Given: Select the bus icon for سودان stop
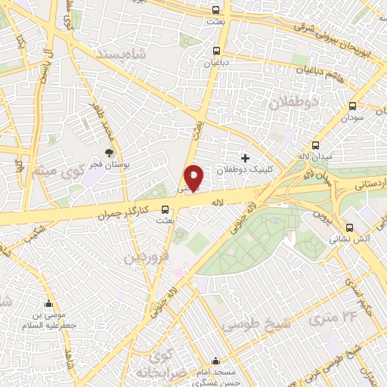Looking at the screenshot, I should [352, 107].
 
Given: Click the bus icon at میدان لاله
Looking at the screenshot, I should [316, 146].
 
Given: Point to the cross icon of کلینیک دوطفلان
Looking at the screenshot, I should [244, 158].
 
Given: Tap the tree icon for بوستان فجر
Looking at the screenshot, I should [110, 153].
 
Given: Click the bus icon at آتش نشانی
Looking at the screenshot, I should [348, 228].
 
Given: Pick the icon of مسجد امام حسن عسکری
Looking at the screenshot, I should [217, 361].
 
